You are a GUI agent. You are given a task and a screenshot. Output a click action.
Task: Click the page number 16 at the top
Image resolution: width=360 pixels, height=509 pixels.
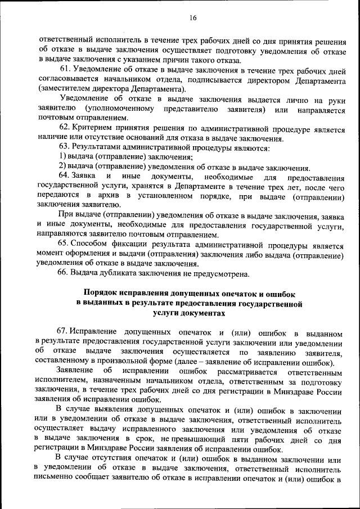click(192, 18)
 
